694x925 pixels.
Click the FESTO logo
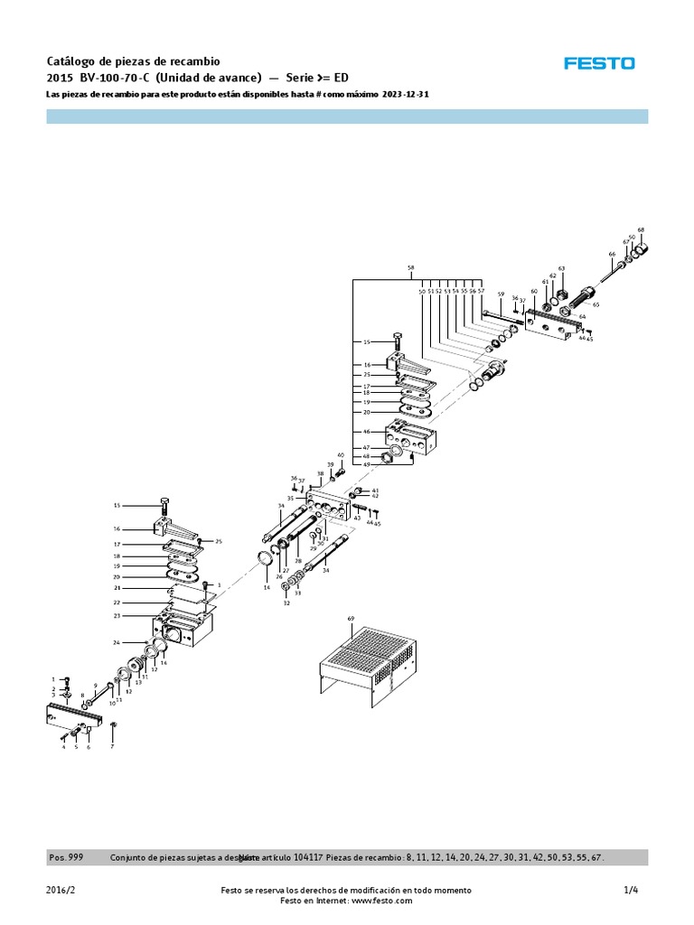(599, 63)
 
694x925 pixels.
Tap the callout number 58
(410, 268)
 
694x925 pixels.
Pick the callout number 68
(641, 229)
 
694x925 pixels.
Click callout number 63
(561, 268)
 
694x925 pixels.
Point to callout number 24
(117, 642)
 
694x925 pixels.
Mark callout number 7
(112, 748)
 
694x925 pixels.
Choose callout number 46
(368, 434)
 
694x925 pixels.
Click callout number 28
(297, 562)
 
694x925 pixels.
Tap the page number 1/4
(631, 890)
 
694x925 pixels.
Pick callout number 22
(117, 602)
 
